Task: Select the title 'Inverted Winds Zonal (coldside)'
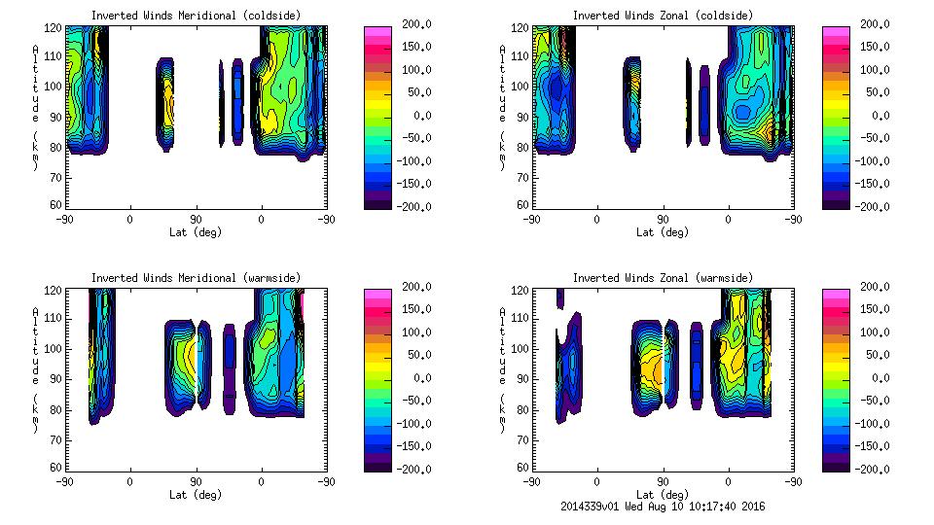(663, 15)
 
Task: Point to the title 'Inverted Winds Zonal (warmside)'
(663, 278)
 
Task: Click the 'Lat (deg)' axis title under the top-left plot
(195, 232)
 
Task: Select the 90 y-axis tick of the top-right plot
(523, 117)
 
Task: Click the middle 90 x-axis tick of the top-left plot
(195, 219)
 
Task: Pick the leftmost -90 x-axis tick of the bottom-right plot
(530, 481)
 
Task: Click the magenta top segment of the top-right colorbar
(834, 32)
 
